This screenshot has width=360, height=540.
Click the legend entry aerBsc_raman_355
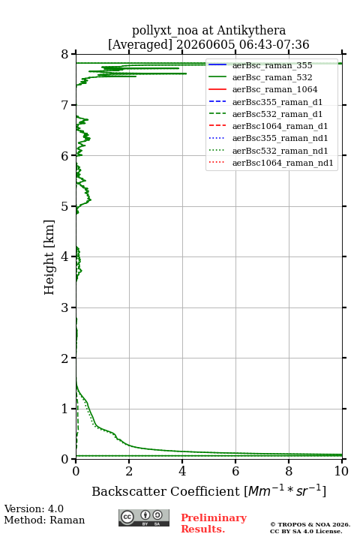272,65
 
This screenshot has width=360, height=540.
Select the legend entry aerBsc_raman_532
272,77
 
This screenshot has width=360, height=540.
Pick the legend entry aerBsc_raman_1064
275,89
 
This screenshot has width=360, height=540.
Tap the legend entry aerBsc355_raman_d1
277,102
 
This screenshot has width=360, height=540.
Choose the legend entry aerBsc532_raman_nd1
280,151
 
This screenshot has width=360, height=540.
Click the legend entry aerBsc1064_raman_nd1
283,163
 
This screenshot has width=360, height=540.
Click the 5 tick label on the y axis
65,206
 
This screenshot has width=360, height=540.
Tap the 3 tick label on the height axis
65,307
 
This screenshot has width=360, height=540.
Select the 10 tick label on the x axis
341,471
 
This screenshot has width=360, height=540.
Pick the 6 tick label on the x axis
235,471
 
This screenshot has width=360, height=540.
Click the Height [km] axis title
49,257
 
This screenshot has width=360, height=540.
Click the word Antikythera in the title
251,31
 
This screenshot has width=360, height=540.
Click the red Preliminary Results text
214,523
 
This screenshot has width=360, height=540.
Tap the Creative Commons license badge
144,517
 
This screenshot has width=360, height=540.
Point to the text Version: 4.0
34,508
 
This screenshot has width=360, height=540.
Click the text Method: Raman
44,520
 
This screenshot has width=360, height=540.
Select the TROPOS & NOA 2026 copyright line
310,524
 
